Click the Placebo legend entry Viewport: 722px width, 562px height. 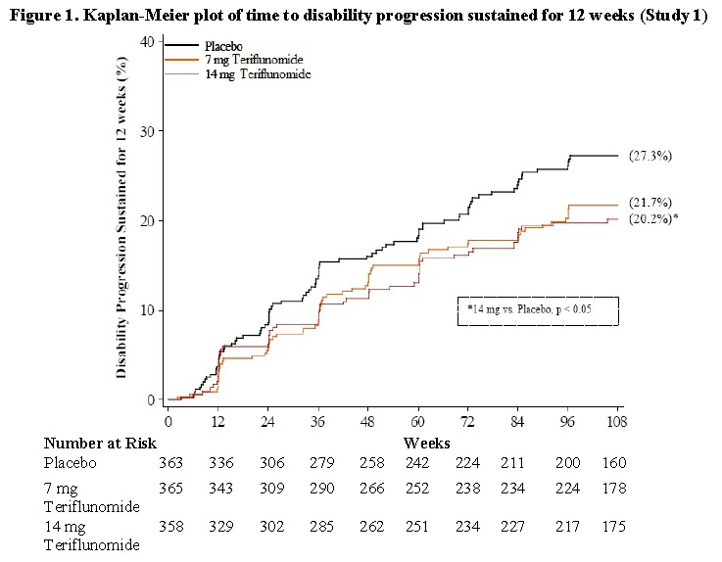[224, 46]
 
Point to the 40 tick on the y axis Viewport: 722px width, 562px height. [147, 41]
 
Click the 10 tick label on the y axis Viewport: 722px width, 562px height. [147, 310]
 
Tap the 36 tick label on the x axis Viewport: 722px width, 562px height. [317, 422]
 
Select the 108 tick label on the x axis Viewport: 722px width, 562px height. [615, 422]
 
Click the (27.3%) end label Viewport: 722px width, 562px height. [650, 156]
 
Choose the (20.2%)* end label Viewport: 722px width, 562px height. [653, 219]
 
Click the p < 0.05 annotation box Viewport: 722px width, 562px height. [538, 310]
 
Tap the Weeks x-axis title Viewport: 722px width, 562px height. [426, 443]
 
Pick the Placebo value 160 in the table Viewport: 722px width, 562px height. [614, 463]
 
